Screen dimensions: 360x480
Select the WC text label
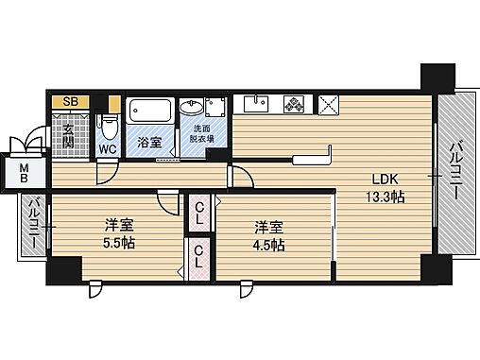click(109, 149)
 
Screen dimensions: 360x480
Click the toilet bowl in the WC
click(109, 126)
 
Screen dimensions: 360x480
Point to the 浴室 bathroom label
click(149, 144)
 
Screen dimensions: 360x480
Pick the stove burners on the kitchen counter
click(294, 104)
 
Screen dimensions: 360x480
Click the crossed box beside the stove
click(330, 104)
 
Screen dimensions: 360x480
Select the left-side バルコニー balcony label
click(32, 225)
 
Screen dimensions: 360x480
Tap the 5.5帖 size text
click(118, 243)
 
